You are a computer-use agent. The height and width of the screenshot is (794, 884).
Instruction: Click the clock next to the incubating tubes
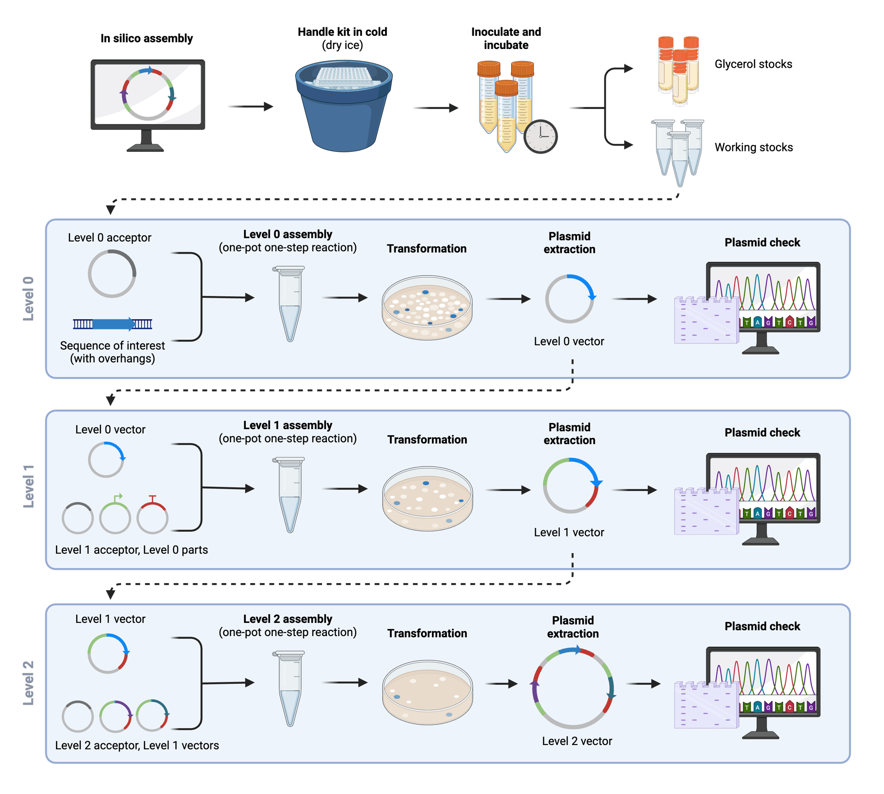point(541,136)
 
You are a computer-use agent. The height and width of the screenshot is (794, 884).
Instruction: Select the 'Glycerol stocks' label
point(753,64)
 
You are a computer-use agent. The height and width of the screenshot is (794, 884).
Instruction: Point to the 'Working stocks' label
point(753,147)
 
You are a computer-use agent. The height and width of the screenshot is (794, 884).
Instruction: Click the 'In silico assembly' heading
point(147,38)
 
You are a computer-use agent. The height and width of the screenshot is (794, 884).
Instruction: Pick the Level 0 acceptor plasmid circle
point(112,274)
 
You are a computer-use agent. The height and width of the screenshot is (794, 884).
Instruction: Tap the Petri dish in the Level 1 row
point(427,498)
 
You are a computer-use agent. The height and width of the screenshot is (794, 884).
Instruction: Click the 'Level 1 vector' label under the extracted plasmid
point(568,532)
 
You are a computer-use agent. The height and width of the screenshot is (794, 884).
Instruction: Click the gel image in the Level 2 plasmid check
point(706,705)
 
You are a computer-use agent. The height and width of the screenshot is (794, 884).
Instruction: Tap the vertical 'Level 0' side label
point(28,299)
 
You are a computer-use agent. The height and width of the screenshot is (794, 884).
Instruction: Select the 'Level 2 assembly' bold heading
point(288,619)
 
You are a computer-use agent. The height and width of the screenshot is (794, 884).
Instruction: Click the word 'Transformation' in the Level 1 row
point(427,440)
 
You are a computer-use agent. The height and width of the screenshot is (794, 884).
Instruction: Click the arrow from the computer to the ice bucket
point(250,106)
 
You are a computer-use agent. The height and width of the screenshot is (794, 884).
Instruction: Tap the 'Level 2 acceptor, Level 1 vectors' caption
point(137,745)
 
